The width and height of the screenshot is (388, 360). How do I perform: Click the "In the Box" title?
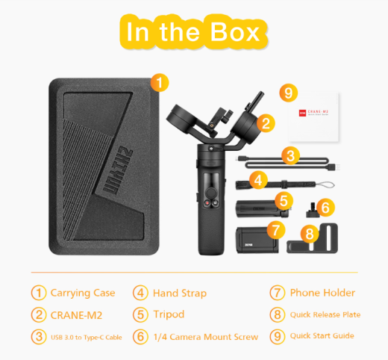(194, 32)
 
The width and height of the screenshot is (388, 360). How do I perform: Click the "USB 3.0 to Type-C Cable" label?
(86, 337)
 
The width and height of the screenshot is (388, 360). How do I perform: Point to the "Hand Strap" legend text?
(180, 293)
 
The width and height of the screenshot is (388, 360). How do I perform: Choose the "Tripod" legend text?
(170, 314)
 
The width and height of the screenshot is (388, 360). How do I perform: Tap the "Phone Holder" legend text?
(323, 293)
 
